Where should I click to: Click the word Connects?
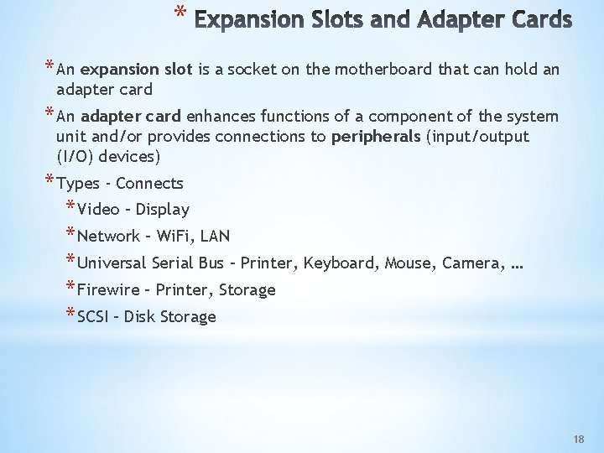(149, 183)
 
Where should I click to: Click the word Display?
(162, 210)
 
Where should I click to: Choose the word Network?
(109, 236)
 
